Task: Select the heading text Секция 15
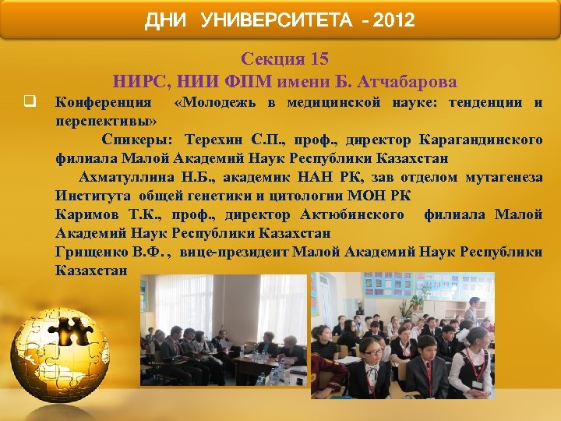point(284,59)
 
